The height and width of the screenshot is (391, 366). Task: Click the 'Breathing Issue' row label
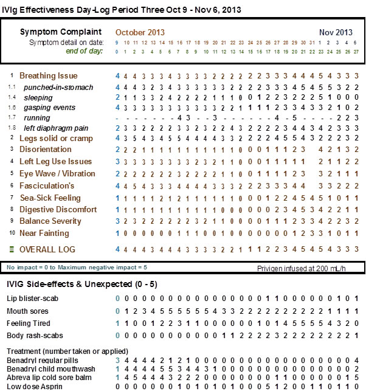coord(49,76)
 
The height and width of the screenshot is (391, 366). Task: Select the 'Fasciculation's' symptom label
coord(47,185)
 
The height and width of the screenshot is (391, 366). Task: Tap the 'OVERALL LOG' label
coord(47,250)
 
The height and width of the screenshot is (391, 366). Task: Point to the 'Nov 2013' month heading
coord(336,32)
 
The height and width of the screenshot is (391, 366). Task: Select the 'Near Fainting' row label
coord(44,233)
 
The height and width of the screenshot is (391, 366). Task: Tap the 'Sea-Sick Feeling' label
coord(50,198)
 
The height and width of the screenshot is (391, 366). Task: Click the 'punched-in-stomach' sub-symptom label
coord(58,88)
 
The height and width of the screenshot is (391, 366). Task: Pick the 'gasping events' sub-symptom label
coord(49,108)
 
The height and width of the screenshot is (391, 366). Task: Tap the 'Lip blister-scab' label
coord(31,299)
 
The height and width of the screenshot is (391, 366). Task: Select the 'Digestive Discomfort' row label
coord(58,209)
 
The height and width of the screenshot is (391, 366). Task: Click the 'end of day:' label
coord(85,50)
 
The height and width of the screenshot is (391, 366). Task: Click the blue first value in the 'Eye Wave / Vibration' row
coord(118,174)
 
